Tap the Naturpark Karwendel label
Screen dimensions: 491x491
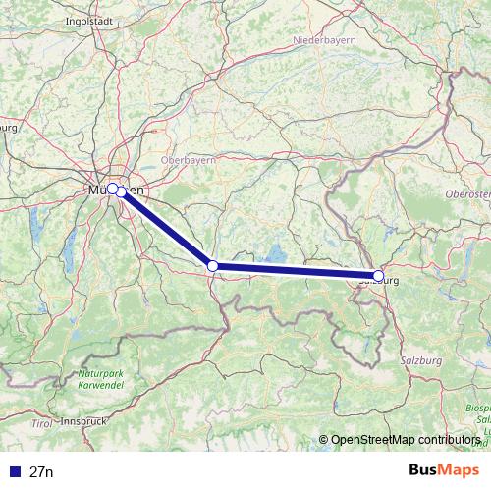[101, 379]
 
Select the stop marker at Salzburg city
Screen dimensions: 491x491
[379, 276]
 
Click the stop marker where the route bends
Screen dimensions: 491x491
[212, 265]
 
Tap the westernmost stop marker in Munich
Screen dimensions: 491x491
[112, 188]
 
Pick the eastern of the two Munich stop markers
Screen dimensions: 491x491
[121, 192]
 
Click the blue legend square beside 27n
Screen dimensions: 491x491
[13, 472]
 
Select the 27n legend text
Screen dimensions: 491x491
[42, 472]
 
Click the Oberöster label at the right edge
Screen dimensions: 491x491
[473, 194]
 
